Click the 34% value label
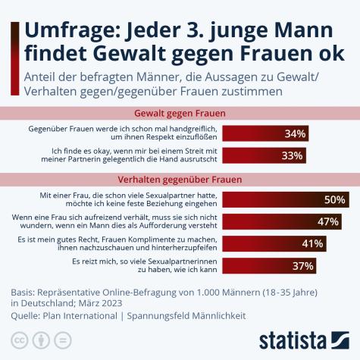coord(295,134)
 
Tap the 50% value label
coord(334,200)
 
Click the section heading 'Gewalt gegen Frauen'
coord(180,114)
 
